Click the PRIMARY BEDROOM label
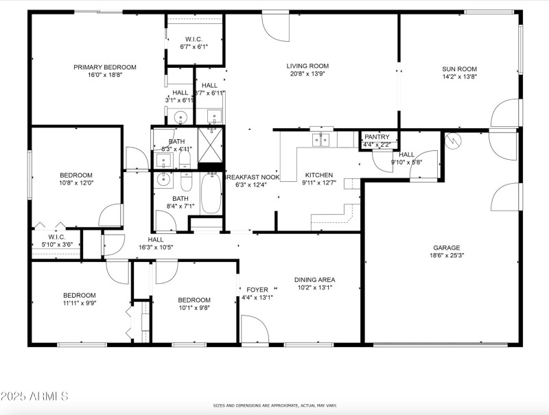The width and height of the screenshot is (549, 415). tap(105, 67)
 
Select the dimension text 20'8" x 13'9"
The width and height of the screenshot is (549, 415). tap(307, 75)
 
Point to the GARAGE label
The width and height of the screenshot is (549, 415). tap(446, 248)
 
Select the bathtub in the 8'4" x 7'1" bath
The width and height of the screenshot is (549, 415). tap(211, 193)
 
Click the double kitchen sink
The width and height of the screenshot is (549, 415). tap(320, 140)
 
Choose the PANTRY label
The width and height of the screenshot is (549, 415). tap(377, 137)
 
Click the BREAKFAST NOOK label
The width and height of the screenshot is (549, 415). tap(252, 177)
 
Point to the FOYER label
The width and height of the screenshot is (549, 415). tap(257, 289)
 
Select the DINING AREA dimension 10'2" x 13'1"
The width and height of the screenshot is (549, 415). tap(315, 288)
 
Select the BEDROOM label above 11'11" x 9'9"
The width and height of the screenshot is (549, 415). tap(80, 295)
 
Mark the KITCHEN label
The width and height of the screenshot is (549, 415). tap(319, 175)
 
